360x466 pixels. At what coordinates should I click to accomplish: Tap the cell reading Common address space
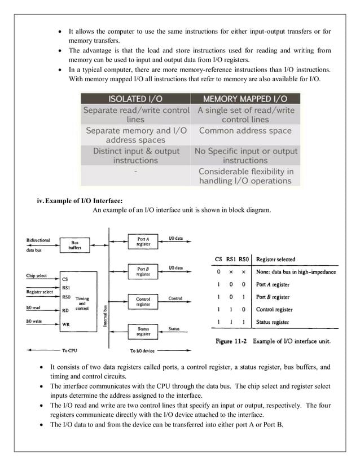245,130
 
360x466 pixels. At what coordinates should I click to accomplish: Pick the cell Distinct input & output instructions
136,156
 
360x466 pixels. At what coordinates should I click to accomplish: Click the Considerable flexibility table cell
245,176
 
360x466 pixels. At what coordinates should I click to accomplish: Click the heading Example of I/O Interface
80,201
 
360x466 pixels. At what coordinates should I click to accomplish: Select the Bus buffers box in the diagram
74,244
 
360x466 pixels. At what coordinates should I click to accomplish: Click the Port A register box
143,241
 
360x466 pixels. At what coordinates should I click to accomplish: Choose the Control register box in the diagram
143,301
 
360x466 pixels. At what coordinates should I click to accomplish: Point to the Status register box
143,331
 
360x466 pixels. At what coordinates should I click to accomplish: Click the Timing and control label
82,304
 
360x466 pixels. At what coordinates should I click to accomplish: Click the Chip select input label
39,276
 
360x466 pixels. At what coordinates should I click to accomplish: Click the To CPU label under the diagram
69,350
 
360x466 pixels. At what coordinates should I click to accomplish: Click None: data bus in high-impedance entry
296,272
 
